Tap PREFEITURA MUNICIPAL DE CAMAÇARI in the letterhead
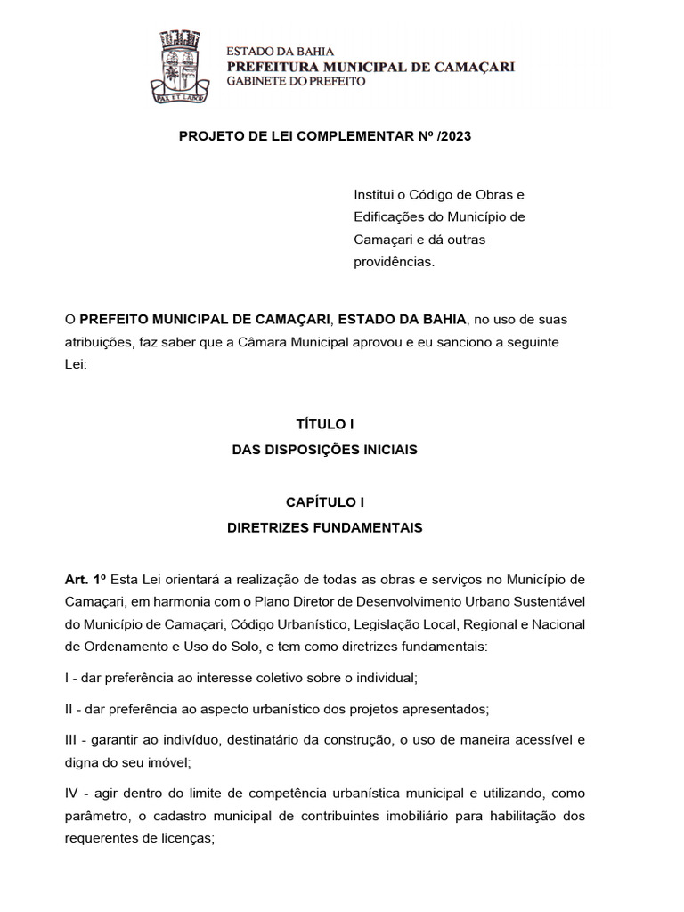(x=370, y=67)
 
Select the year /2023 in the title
(x=452, y=136)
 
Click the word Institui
(x=376, y=194)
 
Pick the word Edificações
(x=388, y=217)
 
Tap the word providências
(x=395, y=263)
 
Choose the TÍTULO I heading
(x=324, y=425)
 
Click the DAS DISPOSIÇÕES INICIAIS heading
(x=324, y=450)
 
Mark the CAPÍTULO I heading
(x=324, y=502)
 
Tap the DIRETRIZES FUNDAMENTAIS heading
(x=324, y=527)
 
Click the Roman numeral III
(x=72, y=739)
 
